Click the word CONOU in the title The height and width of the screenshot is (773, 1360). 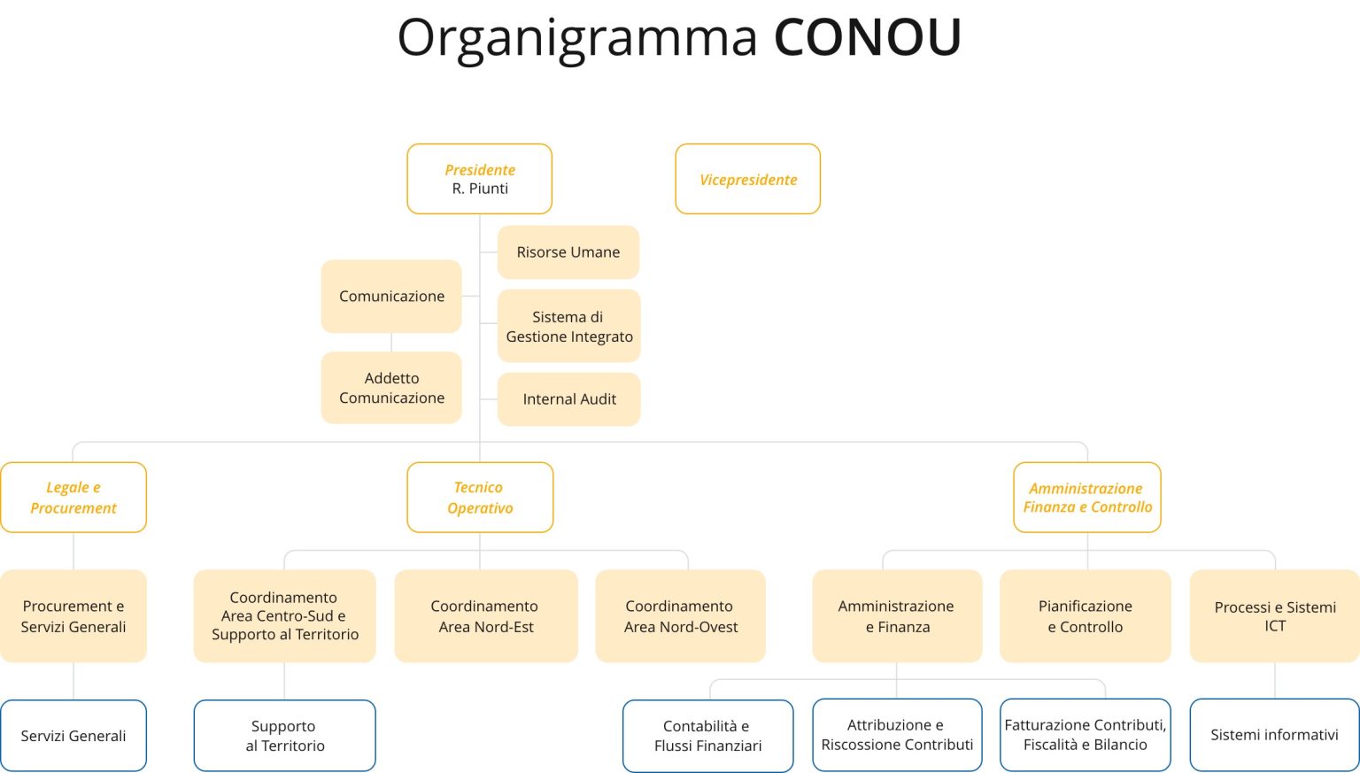click(868, 36)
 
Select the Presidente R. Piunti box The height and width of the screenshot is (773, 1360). click(480, 179)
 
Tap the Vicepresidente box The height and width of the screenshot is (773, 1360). click(748, 179)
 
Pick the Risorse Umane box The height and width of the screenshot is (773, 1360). click(568, 252)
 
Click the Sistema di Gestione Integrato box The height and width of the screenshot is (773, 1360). click(569, 326)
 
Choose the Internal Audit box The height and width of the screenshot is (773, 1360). click(569, 399)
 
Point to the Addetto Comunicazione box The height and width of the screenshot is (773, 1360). click(391, 388)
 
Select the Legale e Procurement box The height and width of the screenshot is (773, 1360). click(73, 498)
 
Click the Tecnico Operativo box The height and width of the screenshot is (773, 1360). click(480, 498)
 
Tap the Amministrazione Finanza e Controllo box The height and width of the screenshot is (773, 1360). click(1087, 498)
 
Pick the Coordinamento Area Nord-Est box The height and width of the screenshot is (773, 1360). click(486, 615)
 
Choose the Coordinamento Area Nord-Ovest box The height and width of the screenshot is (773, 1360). click(681, 615)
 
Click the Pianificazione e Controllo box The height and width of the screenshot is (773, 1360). click(1086, 615)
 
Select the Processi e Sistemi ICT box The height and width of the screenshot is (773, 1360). click(1275, 615)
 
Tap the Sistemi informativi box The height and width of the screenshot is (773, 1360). click(1275, 735)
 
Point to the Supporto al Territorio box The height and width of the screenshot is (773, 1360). click(285, 735)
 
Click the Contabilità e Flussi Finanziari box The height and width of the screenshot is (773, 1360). click(708, 736)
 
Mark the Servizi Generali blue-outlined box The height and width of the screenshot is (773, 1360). click(73, 735)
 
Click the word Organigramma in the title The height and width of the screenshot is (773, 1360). click(576, 39)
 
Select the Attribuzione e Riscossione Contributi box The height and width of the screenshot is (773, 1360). click(897, 735)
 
